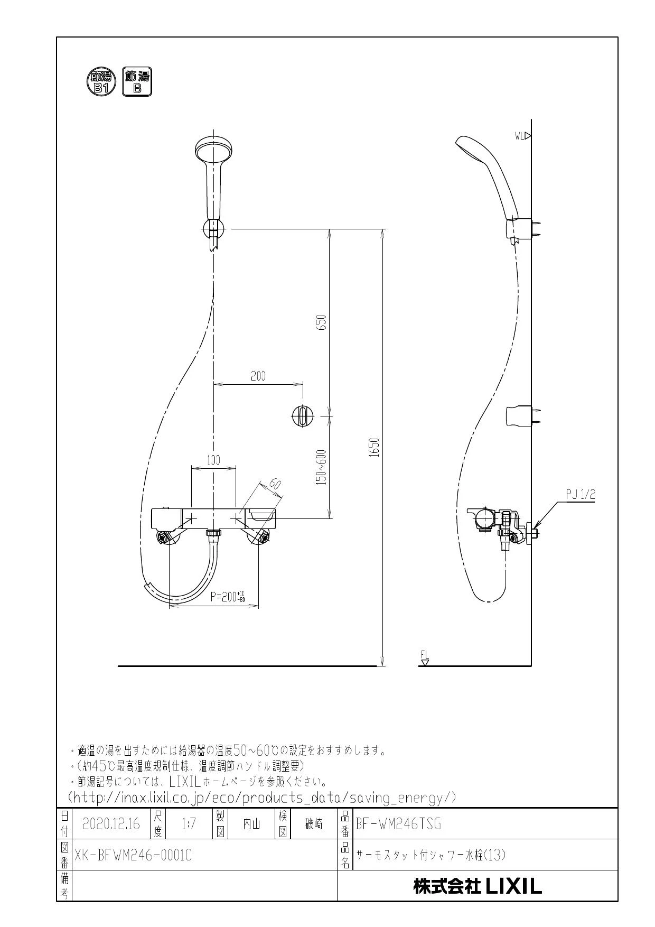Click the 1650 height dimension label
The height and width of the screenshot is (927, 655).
(375, 448)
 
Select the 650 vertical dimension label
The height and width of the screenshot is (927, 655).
(323, 323)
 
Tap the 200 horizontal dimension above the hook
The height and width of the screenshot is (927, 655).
(258, 376)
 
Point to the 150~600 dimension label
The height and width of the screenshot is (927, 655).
(323, 467)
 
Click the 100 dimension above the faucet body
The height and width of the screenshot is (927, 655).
(213, 460)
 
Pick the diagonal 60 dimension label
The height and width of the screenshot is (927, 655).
(274, 484)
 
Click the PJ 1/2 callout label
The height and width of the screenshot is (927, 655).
(581, 495)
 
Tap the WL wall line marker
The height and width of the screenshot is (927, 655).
(522, 136)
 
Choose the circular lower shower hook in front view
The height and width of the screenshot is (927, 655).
(303, 416)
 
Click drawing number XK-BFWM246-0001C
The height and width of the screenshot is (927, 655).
(133, 855)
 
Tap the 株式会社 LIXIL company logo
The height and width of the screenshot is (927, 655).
(478, 886)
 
